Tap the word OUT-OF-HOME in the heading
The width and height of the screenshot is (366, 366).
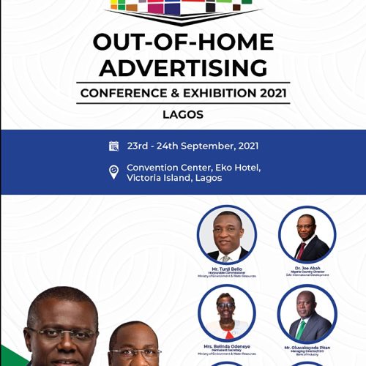(183, 42)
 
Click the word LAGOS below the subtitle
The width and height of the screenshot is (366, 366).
(182, 115)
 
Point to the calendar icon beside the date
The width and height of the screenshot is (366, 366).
(113, 146)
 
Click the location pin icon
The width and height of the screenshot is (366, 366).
(113, 172)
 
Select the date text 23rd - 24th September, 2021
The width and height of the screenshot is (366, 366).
(193, 146)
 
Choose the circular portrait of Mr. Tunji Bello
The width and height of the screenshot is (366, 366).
(227, 234)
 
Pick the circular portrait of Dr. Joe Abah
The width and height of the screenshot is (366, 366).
(307, 234)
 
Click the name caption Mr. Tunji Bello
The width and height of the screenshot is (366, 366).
(227, 268)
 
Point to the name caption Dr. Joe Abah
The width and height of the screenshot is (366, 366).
(307, 268)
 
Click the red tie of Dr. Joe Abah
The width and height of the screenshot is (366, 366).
(301, 250)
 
